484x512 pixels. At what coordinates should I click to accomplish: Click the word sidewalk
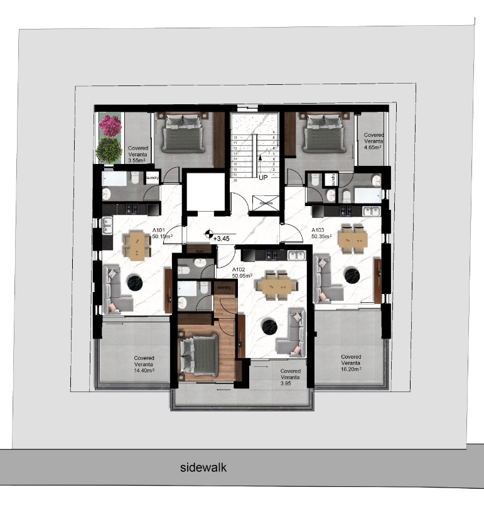click(203, 467)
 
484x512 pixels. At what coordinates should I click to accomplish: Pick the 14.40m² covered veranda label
click(144, 364)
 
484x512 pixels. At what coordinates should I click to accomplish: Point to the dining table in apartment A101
click(136, 245)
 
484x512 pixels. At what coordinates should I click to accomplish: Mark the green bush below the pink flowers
click(110, 150)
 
